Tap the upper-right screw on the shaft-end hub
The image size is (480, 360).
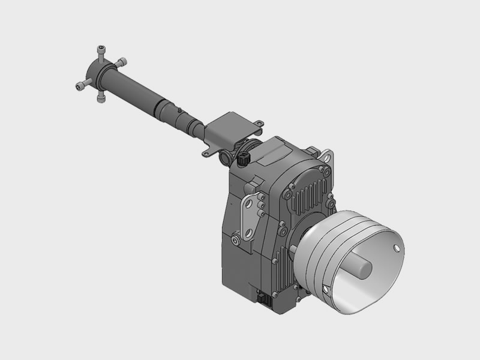pos(123,61)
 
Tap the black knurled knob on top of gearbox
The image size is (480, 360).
pos(243,160)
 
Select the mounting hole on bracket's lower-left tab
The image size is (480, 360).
pos(206,154)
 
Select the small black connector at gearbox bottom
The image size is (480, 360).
pos(262,298)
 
